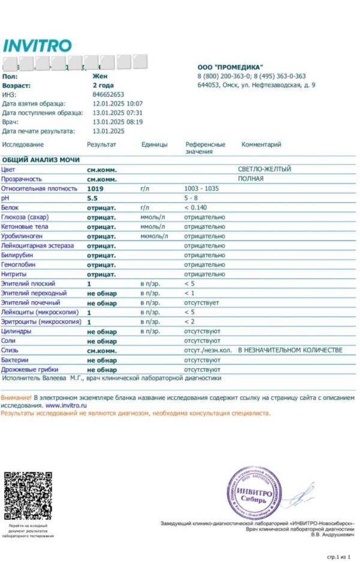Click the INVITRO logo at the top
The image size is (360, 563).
click(x=37, y=45)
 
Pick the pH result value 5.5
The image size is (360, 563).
click(x=92, y=198)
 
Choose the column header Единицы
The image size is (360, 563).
click(x=154, y=144)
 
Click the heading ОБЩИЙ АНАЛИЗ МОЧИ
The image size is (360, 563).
click(x=39, y=160)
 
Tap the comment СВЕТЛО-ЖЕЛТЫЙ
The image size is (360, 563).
click(x=265, y=169)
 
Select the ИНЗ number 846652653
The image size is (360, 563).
click(x=108, y=95)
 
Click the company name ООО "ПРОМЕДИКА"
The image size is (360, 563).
click(x=230, y=67)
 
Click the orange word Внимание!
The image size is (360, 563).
click(x=16, y=398)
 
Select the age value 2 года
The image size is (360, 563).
click(x=103, y=86)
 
